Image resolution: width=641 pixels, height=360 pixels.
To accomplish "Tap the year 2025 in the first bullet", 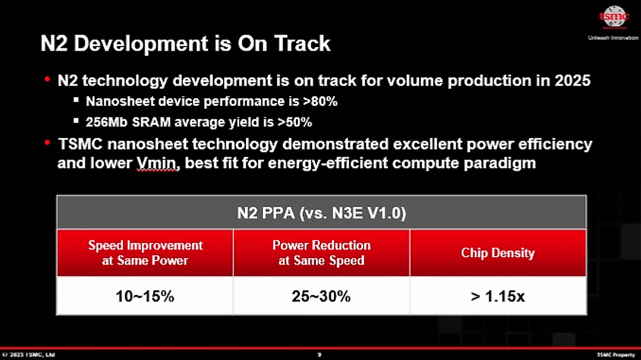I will click(x=572, y=81).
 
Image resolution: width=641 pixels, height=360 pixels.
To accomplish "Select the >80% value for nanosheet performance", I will click(x=320, y=101).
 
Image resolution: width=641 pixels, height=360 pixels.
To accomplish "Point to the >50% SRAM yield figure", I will click(x=295, y=122).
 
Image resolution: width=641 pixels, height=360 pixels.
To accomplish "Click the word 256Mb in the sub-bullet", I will click(x=106, y=122).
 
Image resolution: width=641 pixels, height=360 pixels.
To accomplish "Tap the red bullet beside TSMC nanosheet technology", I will click(x=47, y=143).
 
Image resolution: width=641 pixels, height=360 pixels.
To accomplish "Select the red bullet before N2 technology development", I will click(x=47, y=79).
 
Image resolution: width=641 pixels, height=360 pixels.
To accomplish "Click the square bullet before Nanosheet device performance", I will click(x=76, y=100).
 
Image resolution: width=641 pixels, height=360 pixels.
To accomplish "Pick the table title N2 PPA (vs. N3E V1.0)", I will click(x=321, y=213).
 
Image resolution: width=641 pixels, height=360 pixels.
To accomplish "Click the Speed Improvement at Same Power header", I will click(x=145, y=253).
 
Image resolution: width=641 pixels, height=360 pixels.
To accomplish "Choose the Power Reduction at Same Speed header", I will click(x=321, y=253).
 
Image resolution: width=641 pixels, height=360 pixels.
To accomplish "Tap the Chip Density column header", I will click(x=498, y=253).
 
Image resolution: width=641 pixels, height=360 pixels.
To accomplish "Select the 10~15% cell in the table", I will click(x=145, y=296).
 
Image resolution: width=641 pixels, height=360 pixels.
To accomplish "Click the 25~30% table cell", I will click(x=321, y=296).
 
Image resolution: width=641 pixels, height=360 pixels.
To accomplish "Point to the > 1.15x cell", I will click(x=498, y=296).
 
